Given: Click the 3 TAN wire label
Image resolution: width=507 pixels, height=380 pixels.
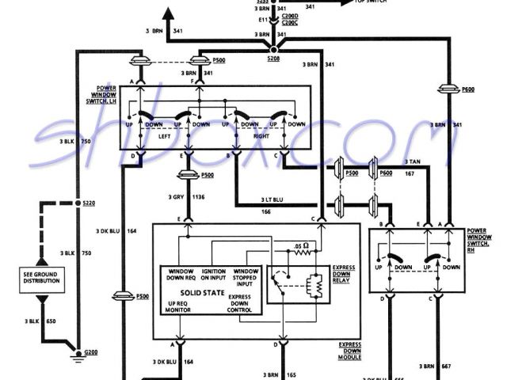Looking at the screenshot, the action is [x=412, y=161].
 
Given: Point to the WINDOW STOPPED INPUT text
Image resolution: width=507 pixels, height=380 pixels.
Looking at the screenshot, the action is [x=246, y=276].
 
